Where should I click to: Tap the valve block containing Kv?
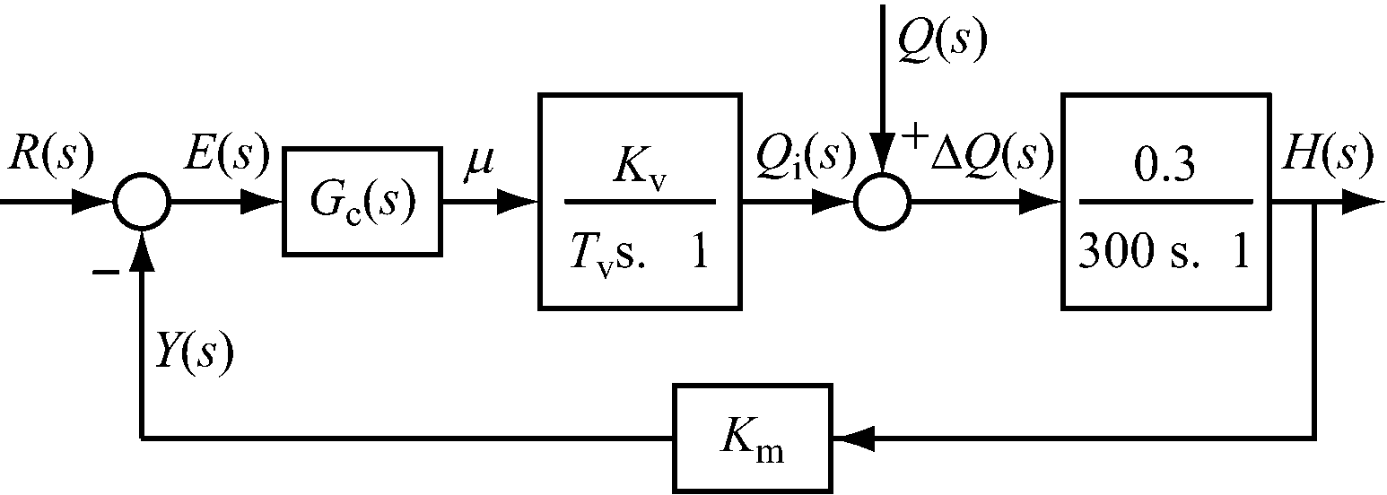click(x=641, y=201)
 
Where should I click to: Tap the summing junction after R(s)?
click(x=142, y=203)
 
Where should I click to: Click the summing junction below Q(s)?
click(x=883, y=203)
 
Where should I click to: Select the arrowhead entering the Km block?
click(x=849, y=439)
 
